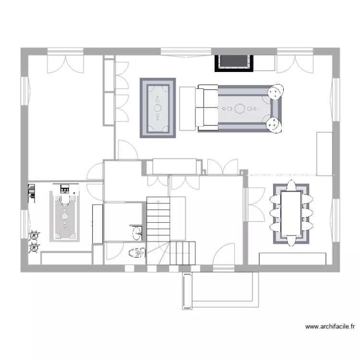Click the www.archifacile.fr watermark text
(330, 326)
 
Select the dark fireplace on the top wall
(234, 63)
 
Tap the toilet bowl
(137, 253)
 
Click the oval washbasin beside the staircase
(137, 233)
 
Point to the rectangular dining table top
(291, 214)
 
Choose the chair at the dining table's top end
(291, 185)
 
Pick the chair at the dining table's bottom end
(291, 240)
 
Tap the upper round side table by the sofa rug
(276, 92)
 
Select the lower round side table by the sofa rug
(274, 125)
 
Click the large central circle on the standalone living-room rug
(158, 108)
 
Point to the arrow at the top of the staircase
(158, 201)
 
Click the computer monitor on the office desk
(65, 189)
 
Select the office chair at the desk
(65, 200)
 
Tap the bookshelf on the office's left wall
(32, 193)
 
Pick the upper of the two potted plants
(34, 236)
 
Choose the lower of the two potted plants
(34, 248)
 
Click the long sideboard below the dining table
(292, 259)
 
